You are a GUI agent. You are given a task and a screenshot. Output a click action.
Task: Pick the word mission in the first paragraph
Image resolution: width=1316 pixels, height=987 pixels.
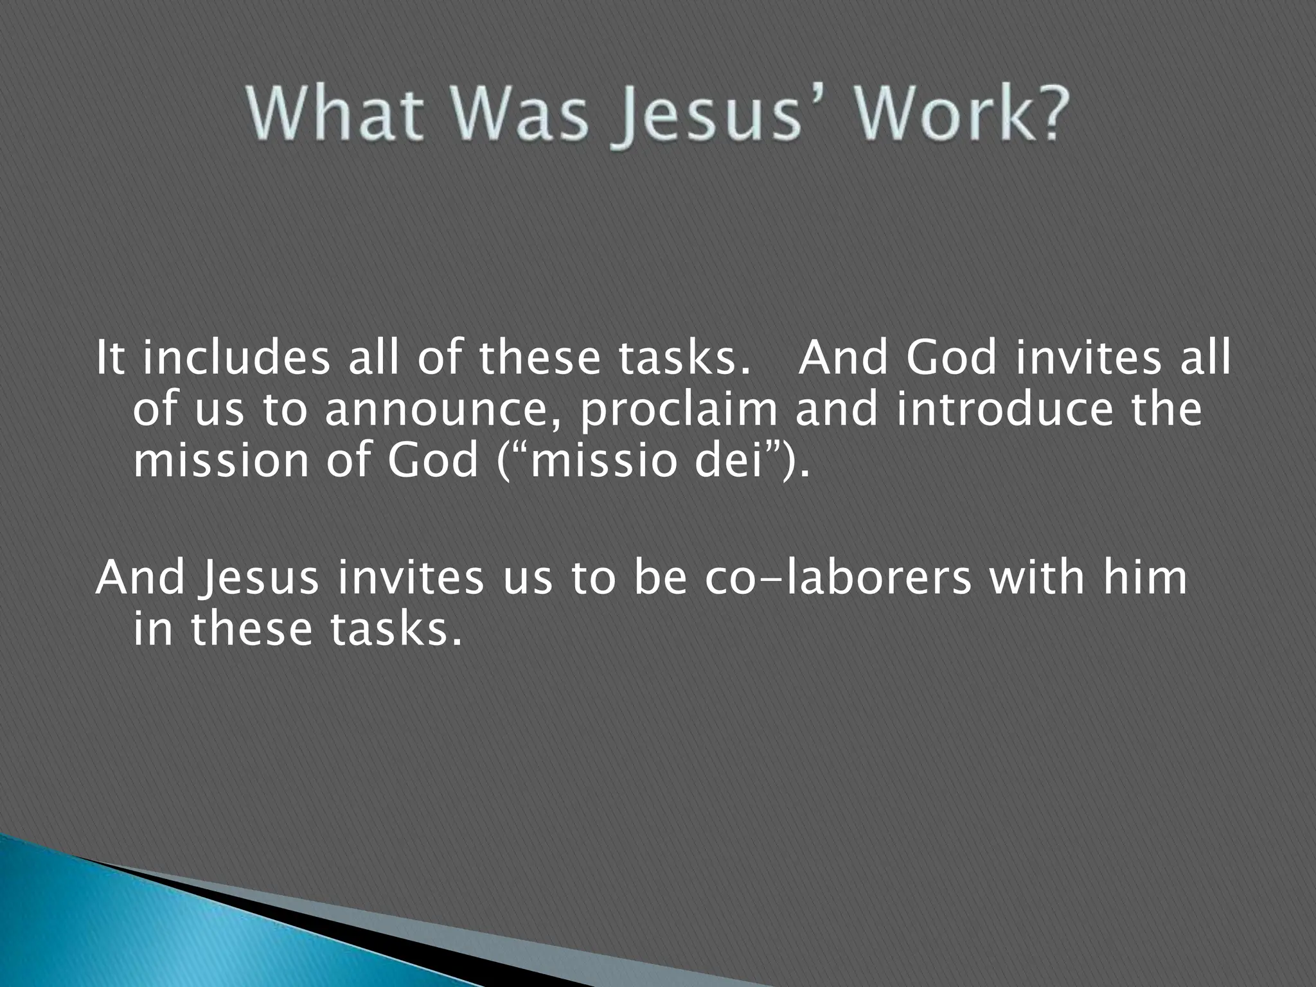pyautogui.click(x=221, y=461)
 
